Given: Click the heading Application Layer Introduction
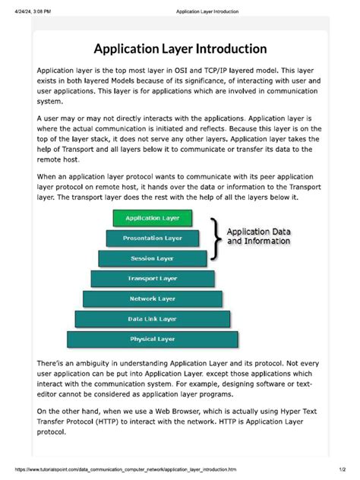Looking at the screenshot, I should tap(180, 49).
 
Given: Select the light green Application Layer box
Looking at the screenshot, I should tap(153, 218).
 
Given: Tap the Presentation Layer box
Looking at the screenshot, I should tap(153, 238).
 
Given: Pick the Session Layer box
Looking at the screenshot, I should tap(153, 258).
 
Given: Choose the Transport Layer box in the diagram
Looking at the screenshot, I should tap(153, 279).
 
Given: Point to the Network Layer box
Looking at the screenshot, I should tap(153, 298).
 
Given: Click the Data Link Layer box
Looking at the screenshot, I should tap(153, 319).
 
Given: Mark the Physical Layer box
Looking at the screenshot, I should tap(153, 339).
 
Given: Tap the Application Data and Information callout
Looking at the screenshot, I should tap(259, 236).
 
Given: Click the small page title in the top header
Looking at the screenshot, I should tap(207, 12).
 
